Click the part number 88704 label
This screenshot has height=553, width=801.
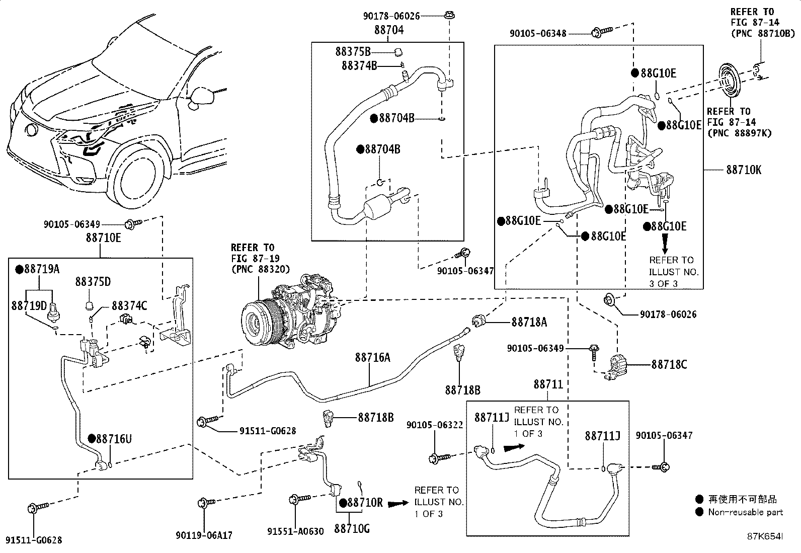pos(388,30)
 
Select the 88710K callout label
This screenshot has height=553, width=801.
pos(744,170)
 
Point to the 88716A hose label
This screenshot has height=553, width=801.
pos(372,357)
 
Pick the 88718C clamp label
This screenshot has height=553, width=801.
pos(669,364)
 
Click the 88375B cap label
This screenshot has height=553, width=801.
pos(353,51)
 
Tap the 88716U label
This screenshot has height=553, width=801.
pos(114,439)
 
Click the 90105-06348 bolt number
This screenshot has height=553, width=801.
pos(538,33)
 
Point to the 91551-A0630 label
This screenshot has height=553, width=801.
pos(295,531)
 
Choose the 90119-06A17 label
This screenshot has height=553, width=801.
pos(204,535)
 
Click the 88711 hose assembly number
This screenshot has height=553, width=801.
pos(548,384)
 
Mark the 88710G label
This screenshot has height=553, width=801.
pos(352,528)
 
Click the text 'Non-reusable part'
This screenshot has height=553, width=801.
pos(745,512)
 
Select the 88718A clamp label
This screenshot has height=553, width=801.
pos(529,322)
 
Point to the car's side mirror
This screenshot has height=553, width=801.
pos(201,96)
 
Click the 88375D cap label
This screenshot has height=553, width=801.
pos(94,281)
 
